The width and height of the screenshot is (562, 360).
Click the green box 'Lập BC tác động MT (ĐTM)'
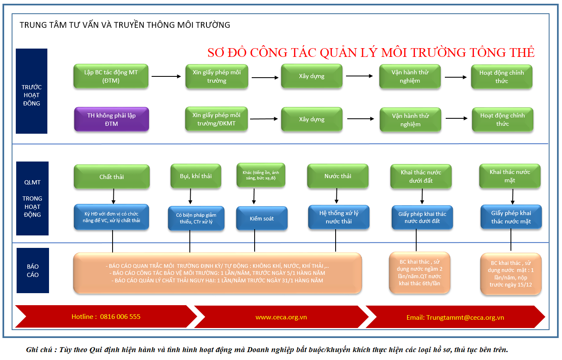coord(110,76)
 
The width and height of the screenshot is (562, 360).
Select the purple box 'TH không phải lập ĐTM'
coord(111,119)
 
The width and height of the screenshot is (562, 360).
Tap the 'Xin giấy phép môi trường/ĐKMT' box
coord(216,119)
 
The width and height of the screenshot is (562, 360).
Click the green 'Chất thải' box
coord(111,177)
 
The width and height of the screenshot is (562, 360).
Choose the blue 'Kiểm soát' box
coord(262,218)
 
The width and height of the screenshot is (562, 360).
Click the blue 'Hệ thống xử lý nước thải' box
coord(339,217)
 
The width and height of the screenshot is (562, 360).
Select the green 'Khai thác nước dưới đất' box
coord(421,176)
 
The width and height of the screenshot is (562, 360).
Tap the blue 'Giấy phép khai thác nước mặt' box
coord(511,217)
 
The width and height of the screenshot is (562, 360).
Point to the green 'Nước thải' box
coord(338,176)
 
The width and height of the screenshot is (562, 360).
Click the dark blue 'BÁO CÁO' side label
coord(32,270)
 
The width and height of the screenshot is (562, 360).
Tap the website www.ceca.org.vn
coord(281,317)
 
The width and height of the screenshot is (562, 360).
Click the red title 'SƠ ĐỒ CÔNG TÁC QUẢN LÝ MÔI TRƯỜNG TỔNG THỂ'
coord(371,52)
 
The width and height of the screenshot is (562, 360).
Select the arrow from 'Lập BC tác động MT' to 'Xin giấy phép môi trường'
coord(167,76)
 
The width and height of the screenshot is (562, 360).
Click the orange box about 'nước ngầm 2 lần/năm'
coord(420,273)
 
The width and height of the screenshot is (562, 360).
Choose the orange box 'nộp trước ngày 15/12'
coord(510,274)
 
